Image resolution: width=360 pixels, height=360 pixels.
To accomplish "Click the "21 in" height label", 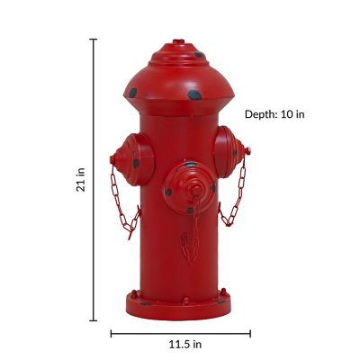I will pyautogui.click(x=81, y=180).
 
